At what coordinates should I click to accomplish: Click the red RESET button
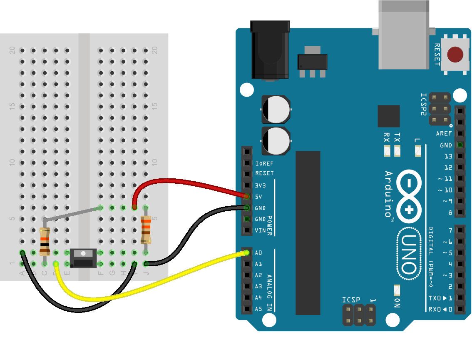point(455,55)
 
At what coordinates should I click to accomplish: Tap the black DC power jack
point(270,50)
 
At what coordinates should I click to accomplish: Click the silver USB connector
point(403,35)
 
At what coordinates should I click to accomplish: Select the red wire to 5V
point(187,182)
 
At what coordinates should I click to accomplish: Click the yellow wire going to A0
point(166,280)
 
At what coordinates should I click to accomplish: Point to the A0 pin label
point(258,253)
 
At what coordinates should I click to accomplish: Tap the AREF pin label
point(444,134)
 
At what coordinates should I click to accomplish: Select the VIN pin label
point(260,230)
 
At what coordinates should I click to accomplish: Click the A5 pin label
point(258,309)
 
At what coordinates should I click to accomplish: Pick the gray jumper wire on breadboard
point(72,213)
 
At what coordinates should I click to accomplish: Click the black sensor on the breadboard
point(84,258)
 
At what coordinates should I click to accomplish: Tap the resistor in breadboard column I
point(146,230)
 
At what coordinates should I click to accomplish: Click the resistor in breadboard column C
point(45,241)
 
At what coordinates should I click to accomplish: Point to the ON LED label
point(397,303)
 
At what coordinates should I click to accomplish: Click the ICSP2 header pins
point(440,109)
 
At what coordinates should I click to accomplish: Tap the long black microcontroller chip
point(308,233)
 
